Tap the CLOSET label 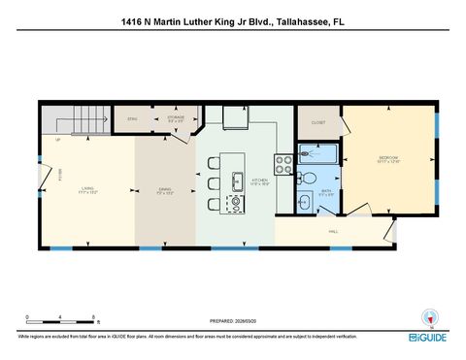click(318, 123)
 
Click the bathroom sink click(303, 203)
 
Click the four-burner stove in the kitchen click(283, 164)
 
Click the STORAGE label click(175, 118)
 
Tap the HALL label click(333, 232)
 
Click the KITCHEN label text click(260, 180)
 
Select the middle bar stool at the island click(214, 183)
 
